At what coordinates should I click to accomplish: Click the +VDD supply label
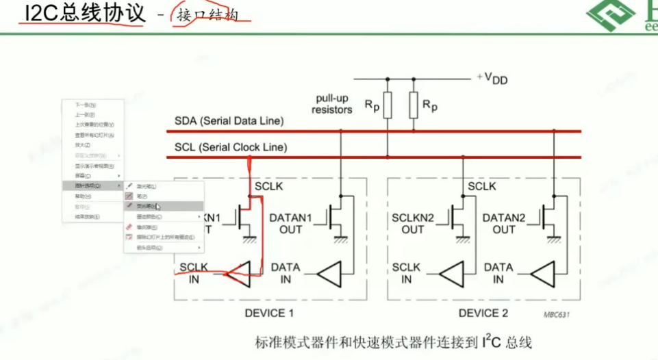click(x=493, y=78)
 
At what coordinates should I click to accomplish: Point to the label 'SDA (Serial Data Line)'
click(x=229, y=121)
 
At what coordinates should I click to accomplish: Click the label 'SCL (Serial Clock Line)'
click(x=231, y=147)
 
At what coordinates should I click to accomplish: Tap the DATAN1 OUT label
click(x=290, y=223)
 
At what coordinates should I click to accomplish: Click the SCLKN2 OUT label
click(x=413, y=223)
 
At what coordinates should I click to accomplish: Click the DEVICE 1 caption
click(x=269, y=313)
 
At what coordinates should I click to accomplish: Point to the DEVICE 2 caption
click(x=483, y=313)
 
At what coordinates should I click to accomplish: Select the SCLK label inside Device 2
click(x=482, y=186)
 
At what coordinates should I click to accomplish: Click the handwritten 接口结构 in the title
click(x=208, y=15)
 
